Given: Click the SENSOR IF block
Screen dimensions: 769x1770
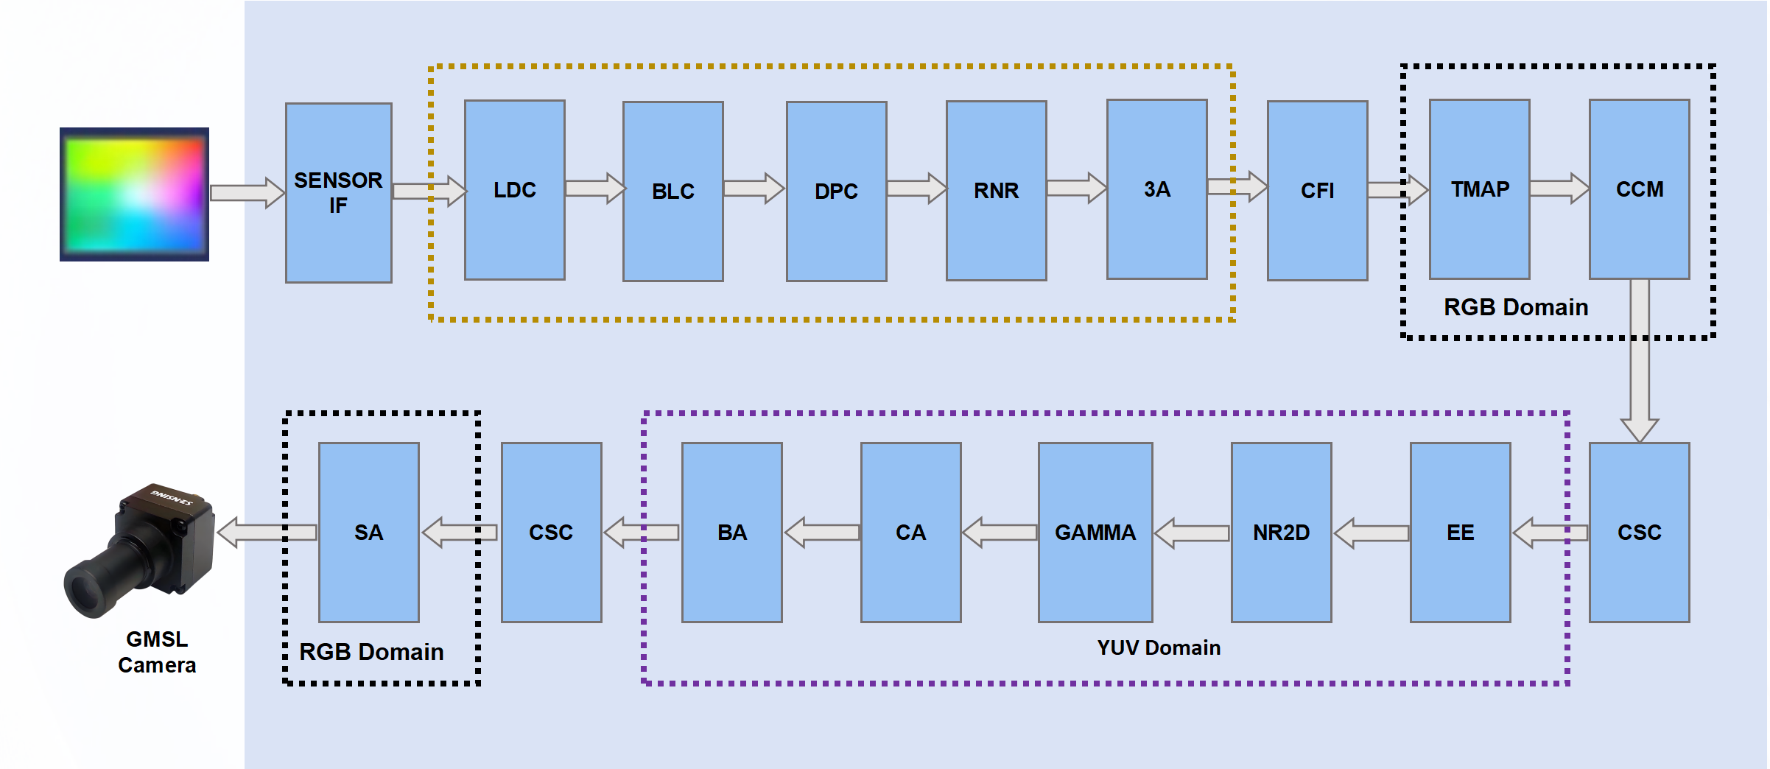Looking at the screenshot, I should [x=338, y=192].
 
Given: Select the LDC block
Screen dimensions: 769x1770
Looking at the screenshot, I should [x=514, y=190].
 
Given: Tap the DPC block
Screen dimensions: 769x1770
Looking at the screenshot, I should [x=836, y=192].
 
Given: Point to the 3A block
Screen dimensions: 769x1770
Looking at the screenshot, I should [x=1156, y=189].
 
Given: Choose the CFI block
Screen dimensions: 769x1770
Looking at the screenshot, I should [x=1317, y=191].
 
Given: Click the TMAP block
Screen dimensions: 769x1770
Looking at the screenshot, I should [x=1479, y=189].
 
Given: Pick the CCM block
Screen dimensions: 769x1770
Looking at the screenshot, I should [x=1639, y=189].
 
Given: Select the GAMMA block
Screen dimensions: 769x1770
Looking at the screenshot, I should [x=1095, y=532].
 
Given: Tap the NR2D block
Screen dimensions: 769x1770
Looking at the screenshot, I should [x=1281, y=532].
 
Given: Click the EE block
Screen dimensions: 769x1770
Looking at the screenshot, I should [x=1460, y=532].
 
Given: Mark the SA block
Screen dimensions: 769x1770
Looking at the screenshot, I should [x=368, y=532].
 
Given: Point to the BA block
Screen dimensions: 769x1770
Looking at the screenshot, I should [x=731, y=532].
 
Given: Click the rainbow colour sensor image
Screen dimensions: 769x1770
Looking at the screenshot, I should [x=134, y=194].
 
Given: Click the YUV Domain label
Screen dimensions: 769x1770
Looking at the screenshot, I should [x=1158, y=647].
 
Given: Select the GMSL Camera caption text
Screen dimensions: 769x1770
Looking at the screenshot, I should [x=157, y=652].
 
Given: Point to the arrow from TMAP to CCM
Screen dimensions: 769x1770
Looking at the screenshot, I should [x=1559, y=189].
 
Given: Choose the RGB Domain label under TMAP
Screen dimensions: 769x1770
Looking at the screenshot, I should [x=1515, y=307].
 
